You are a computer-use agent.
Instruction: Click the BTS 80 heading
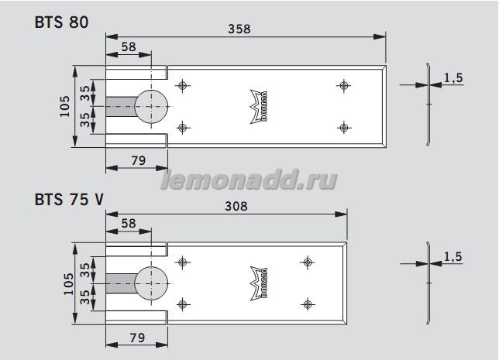pyautogui.click(x=61, y=22)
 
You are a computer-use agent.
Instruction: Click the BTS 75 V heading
pyautogui.click(x=68, y=199)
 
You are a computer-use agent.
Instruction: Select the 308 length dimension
pyautogui.click(x=235, y=206)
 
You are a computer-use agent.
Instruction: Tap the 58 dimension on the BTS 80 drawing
pyautogui.click(x=128, y=47)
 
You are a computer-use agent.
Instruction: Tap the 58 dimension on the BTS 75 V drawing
pyautogui.click(x=128, y=223)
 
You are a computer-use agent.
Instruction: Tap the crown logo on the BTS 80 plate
pyautogui.click(x=255, y=101)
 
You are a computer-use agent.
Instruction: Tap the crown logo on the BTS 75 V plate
pyautogui.click(x=255, y=278)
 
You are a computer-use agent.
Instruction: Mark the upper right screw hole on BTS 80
pyautogui.click(x=342, y=85)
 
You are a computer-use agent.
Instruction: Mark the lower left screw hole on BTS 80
pyautogui.click(x=182, y=127)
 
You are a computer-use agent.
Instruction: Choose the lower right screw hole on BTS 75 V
pyautogui.click(x=308, y=303)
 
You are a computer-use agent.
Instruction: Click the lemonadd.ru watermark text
pyautogui.click(x=249, y=181)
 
